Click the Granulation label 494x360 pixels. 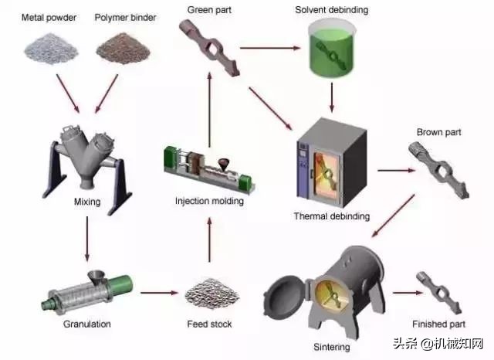86,324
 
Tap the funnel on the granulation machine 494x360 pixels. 99,277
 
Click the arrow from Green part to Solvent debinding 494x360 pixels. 269,49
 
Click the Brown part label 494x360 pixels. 438,132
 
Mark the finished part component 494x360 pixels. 438,289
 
